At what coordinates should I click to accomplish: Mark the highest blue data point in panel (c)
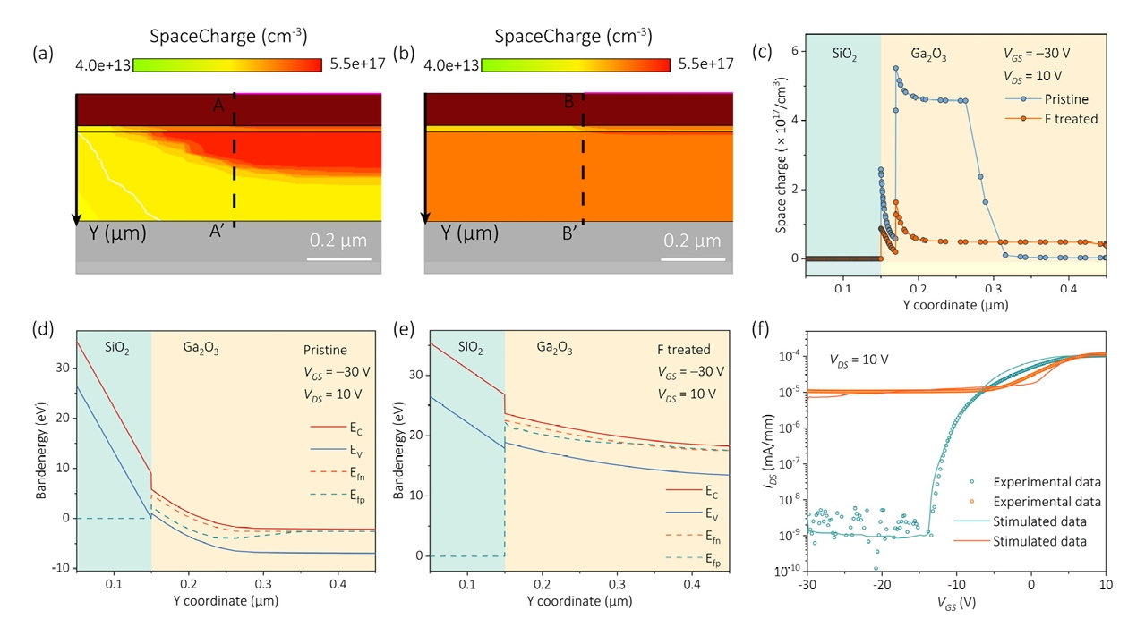point(895,69)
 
